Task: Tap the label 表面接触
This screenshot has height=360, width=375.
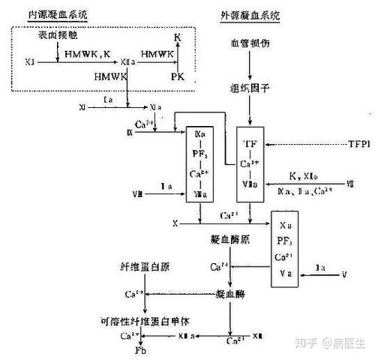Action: [x=56, y=36]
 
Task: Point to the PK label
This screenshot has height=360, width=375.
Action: [x=177, y=76]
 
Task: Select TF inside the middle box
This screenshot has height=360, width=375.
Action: [x=250, y=142]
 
